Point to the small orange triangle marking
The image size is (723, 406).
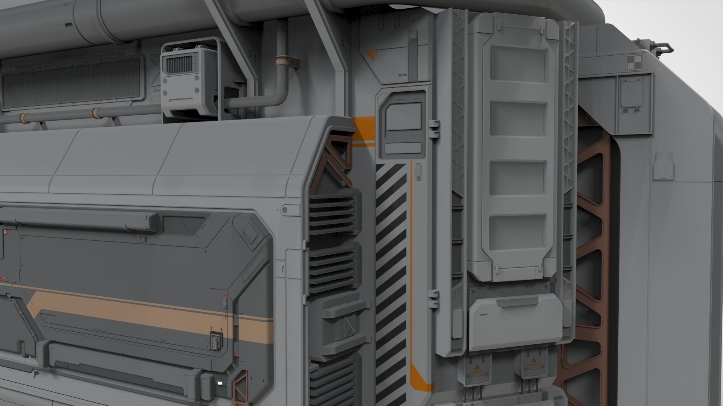371,55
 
